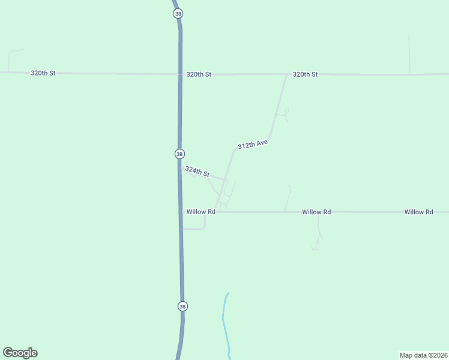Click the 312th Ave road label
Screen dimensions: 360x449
pyautogui.click(x=252, y=145)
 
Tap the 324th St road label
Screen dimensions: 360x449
pyautogui.click(x=197, y=172)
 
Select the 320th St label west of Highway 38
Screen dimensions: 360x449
pyautogui.click(x=43, y=73)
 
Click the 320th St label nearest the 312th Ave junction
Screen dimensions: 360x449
pyautogui.click(x=305, y=74)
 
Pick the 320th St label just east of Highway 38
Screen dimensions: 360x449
pyautogui.click(x=199, y=74)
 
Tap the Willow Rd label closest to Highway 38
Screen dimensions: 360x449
pyautogui.click(x=200, y=212)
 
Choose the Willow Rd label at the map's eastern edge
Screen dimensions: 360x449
pyautogui.click(x=418, y=212)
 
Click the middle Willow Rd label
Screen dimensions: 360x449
pyautogui.click(x=316, y=212)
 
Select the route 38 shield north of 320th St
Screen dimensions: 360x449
pyautogui.click(x=176, y=13)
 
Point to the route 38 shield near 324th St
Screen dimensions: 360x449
pyautogui.click(x=179, y=154)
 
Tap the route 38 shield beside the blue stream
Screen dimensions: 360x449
pyautogui.click(x=182, y=306)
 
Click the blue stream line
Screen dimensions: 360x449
pyautogui.click(x=225, y=324)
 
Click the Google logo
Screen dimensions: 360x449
pyautogui.click(x=20, y=353)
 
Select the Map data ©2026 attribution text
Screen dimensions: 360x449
pyautogui.click(x=423, y=355)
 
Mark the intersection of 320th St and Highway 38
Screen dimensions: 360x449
pyautogui.click(x=179, y=74)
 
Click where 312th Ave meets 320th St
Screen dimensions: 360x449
pyautogui.click(x=286, y=74)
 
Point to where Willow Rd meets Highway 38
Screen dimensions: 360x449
pyautogui.click(x=181, y=212)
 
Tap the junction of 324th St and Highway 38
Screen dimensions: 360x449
pyautogui.click(x=181, y=167)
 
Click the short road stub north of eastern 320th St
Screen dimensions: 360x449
pyautogui.click(x=409, y=54)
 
